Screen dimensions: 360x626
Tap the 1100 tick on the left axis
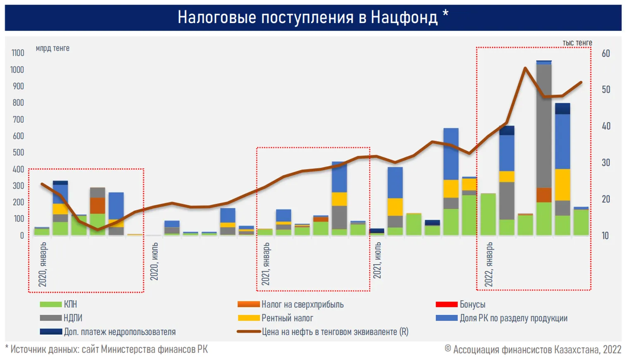pyautogui.click(x=18, y=53)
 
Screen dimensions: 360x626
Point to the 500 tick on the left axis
pyautogui.click(x=18, y=153)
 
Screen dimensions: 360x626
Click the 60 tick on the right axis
pyautogui.click(x=606, y=53)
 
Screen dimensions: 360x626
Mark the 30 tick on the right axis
pyautogui.click(x=606, y=162)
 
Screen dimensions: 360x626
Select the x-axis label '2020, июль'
pyautogui.click(x=154, y=262)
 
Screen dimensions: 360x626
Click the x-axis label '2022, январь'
pyautogui.click(x=489, y=265)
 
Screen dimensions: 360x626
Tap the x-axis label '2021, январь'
pyautogui.click(x=266, y=264)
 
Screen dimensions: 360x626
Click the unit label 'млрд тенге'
pyautogui.click(x=52, y=48)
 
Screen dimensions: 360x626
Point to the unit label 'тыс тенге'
pyautogui.click(x=577, y=43)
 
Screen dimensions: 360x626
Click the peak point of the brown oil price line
pyautogui.click(x=525, y=68)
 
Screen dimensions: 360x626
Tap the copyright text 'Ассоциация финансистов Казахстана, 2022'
pyautogui.click(x=533, y=350)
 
